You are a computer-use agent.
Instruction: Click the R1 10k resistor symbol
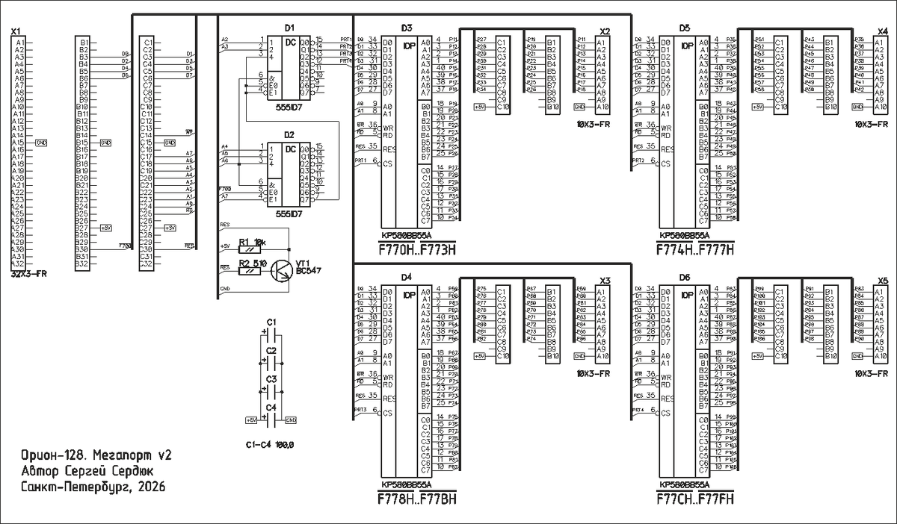click(249, 249)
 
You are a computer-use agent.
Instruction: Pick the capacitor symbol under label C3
click(271, 393)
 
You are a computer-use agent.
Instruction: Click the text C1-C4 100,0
click(270, 445)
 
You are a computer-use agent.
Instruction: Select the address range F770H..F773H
click(418, 249)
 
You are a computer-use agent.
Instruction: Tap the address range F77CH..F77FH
click(696, 499)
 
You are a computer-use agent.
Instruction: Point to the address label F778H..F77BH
click(419, 499)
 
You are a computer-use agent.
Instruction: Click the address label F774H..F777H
click(696, 249)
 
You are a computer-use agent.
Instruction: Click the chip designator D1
click(290, 27)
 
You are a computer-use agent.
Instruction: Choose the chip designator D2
click(290, 134)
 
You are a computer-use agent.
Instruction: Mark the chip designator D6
click(685, 278)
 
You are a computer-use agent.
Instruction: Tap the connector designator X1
click(16, 32)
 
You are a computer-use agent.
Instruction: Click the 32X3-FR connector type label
click(29, 274)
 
